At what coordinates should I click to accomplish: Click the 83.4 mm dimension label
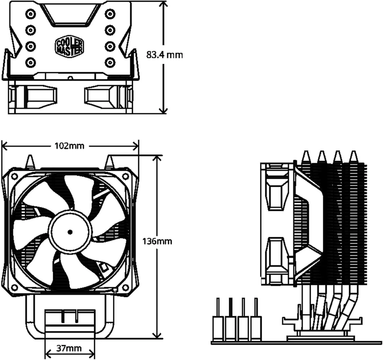point(164,55)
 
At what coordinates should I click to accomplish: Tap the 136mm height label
point(157,241)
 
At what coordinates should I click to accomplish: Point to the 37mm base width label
point(69,348)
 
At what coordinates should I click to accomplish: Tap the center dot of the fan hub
point(70,231)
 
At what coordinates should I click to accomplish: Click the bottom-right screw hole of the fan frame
point(125,287)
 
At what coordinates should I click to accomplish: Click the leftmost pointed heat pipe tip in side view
point(306,156)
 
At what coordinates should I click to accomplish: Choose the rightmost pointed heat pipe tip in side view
point(353,156)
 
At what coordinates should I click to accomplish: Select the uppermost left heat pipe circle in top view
point(30,14)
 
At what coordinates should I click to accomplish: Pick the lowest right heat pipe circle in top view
point(109,62)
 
